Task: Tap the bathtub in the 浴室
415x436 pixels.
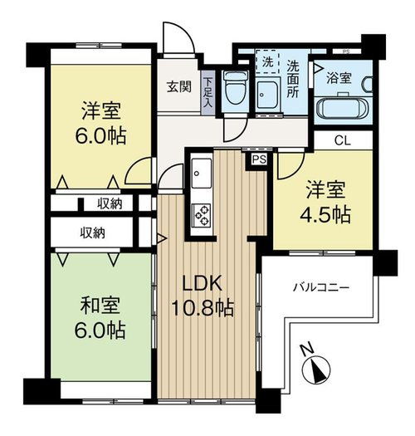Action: coord(343,108)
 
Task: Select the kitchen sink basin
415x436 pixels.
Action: coord(201,174)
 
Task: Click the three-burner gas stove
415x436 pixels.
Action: coord(202,215)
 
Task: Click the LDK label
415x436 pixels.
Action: coord(202,283)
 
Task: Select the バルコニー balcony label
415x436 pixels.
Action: coord(321,287)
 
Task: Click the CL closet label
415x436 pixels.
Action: coord(343,141)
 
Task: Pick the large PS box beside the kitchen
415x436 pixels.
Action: coord(259,159)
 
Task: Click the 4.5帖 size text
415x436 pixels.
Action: coord(325,214)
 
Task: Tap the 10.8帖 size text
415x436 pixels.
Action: coord(202,308)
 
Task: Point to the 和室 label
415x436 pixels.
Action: coord(100,306)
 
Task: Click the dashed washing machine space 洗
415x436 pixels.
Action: coord(267,61)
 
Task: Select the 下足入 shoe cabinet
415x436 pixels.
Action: coord(207,92)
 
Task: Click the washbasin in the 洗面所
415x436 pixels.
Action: coord(267,95)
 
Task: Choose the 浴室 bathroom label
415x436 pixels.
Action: coord(339,78)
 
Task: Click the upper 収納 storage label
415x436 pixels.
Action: coord(110,204)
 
